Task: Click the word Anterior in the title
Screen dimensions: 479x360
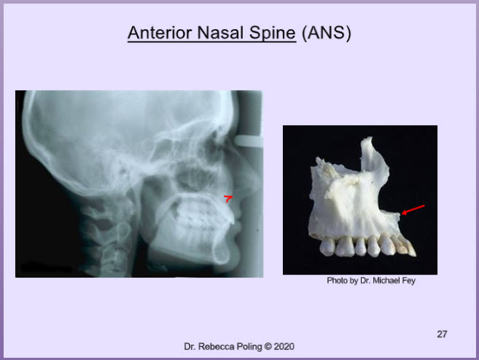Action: click(160, 33)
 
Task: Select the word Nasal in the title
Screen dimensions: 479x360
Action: click(221, 33)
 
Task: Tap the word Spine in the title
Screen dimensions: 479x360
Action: click(273, 34)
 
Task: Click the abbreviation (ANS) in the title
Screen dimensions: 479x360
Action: click(326, 33)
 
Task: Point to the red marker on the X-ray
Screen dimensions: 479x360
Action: click(228, 198)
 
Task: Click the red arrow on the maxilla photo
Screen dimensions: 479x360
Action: click(413, 210)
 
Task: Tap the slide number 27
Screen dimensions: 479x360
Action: click(442, 334)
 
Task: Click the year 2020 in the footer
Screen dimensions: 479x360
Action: click(284, 347)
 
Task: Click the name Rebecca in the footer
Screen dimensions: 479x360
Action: click(214, 347)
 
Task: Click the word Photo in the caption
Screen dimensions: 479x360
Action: click(335, 281)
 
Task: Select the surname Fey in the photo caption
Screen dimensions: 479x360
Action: click(410, 281)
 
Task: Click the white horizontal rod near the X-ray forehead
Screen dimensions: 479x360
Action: click(249, 141)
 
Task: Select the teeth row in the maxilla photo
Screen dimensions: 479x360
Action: click(367, 246)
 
